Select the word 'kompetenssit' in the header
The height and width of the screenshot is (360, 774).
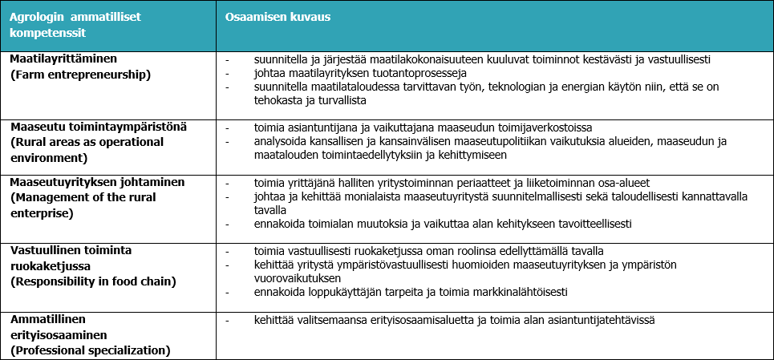point(48,33)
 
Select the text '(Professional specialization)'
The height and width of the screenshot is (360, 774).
point(90,350)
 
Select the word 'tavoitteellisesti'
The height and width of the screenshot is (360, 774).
point(590,224)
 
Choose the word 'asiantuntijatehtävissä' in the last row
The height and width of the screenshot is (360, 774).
point(599,321)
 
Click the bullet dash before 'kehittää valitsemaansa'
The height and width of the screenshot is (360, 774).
point(228,322)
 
